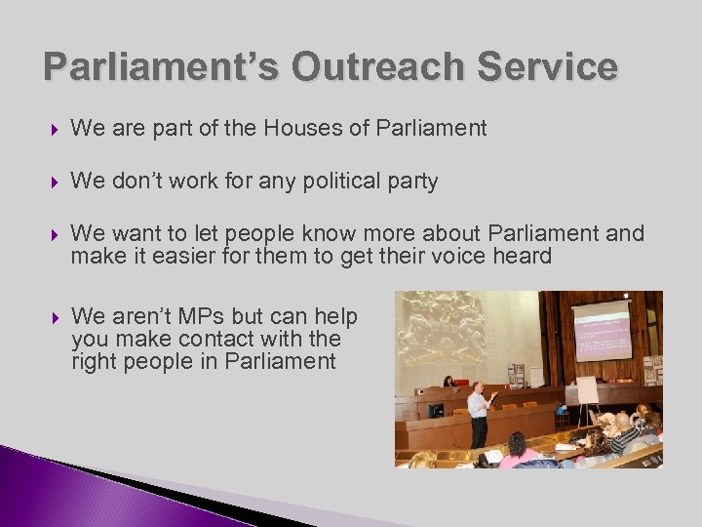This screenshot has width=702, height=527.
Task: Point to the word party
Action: pyautogui.click(x=413, y=182)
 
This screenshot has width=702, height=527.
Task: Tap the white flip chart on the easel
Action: pyautogui.click(x=586, y=389)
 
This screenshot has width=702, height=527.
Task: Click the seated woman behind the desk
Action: pyautogui.click(x=448, y=382)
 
